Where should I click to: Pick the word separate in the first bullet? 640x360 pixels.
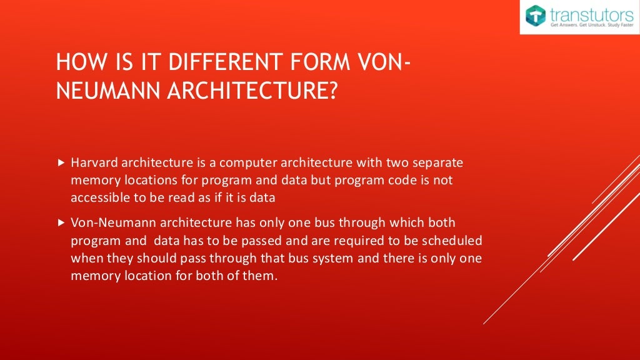(437, 163)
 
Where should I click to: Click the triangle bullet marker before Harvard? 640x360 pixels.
(61, 163)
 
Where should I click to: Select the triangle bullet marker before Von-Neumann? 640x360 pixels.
(61, 222)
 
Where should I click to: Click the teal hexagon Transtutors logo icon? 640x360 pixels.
(536, 16)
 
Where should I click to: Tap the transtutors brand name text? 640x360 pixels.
(591, 13)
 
